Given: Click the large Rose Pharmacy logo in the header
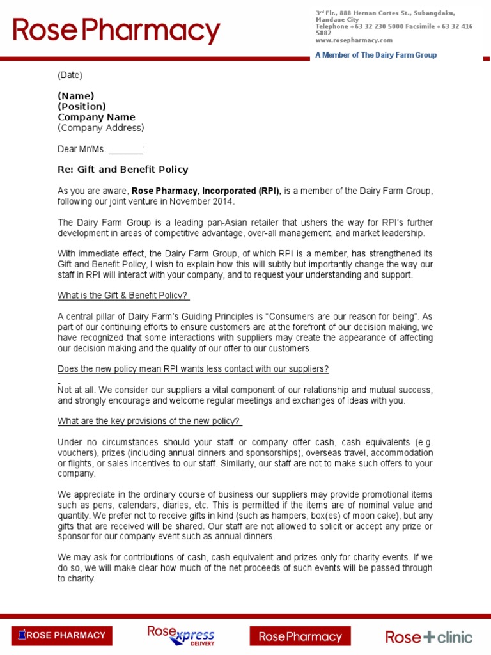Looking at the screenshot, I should (x=116, y=31).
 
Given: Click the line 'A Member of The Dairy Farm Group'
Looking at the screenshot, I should (x=376, y=55).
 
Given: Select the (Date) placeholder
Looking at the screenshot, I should (x=70, y=75).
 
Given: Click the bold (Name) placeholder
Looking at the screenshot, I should (x=76, y=96).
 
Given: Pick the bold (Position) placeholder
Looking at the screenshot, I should (x=82, y=106).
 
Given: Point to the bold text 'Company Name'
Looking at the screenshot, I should (x=97, y=117).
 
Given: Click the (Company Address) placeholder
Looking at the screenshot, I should (x=101, y=128).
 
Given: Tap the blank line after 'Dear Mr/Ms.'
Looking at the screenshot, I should (x=126, y=150).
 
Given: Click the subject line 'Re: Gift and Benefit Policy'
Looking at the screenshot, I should (x=123, y=170).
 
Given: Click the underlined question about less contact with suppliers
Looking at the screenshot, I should (x=193, y=369).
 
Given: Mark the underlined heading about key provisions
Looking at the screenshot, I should (x=149, y=421).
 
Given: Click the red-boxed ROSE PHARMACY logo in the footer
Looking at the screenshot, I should (x=62, y=635).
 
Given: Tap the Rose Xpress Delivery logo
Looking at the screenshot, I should (x=182, y=636).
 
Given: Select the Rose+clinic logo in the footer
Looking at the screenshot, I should (x=428, y=636).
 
